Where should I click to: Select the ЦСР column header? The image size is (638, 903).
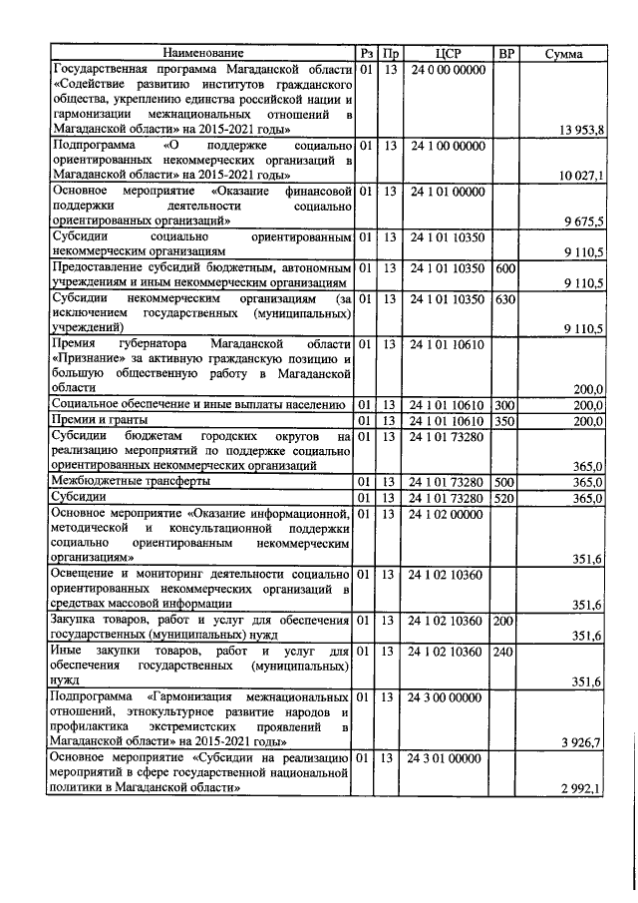tap(446, 53)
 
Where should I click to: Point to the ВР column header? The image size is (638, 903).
tap(505, 53)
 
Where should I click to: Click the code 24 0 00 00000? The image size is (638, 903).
tap(446, 70)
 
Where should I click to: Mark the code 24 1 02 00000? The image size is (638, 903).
tap(446, 514)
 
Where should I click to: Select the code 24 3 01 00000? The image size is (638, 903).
tap(446, 759)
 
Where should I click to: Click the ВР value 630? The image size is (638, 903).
tap(505, 298)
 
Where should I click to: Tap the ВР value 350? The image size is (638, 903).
tap(505, 420)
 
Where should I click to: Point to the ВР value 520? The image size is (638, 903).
tap(505, 498)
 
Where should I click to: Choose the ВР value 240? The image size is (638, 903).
tap(505, 652)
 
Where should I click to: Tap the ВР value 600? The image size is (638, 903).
tap(505, 268)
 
